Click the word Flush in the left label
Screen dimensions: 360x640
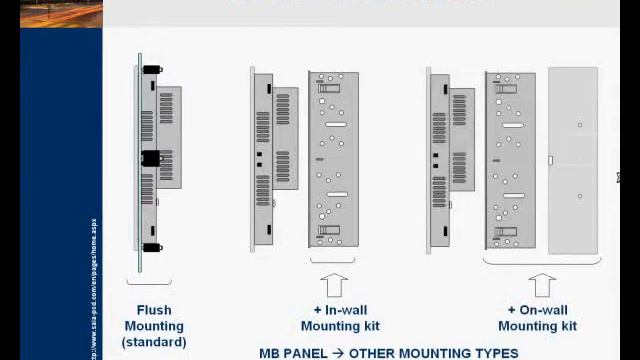154,310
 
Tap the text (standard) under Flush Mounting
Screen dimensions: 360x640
154,342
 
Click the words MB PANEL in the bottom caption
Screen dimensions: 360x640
293,353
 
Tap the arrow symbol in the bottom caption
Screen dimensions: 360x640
338,353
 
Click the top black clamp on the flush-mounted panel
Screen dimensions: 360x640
152,71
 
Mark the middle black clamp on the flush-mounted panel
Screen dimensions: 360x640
151,158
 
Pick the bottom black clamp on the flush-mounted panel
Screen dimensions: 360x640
152,247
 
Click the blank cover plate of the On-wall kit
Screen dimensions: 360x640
574,160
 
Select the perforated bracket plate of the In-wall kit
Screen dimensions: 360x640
333,160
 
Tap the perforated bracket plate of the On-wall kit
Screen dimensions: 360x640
510,160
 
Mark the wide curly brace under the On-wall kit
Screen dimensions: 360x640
542,263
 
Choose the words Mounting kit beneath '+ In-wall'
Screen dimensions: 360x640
340,326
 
